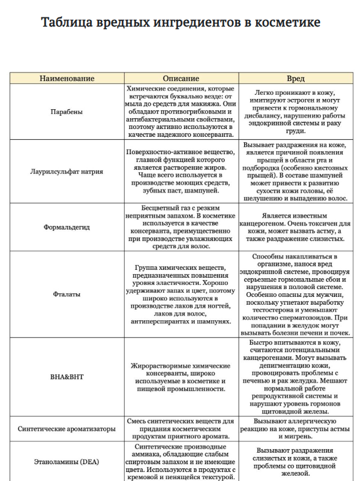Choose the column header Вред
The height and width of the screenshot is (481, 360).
click(295, 79)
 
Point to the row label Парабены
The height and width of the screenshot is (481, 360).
click(67, 112)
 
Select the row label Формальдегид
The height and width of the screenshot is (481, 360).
click(67, 228)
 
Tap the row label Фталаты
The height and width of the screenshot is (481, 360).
click(67, 294)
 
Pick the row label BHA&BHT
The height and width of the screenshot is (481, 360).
click(67, 377)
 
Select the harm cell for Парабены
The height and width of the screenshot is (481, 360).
click(295, 112)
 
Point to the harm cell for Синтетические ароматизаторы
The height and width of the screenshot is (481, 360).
click(295, 429)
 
